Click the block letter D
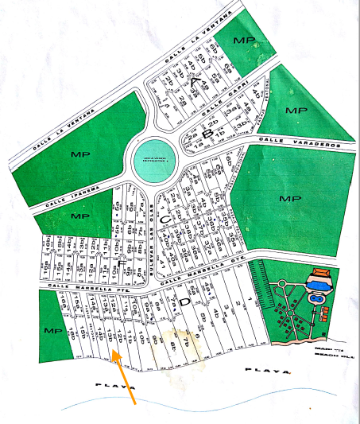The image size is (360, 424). [x=184, y=301]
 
